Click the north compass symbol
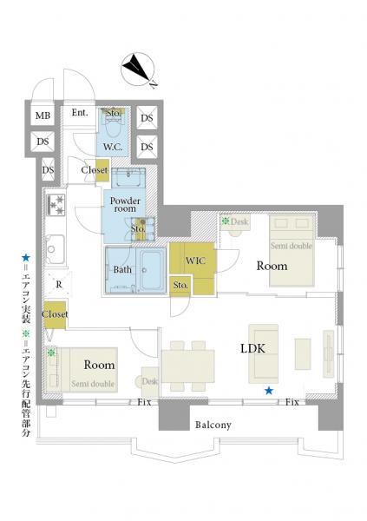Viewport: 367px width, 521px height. [138, 69]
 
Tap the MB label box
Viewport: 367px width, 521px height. [43, 115]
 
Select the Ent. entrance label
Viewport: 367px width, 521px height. [80, 113]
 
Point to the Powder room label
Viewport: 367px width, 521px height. [125, 205]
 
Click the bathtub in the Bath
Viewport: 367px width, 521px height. [152, 270]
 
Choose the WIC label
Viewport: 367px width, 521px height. [195, 260]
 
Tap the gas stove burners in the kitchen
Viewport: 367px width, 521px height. [56, 205]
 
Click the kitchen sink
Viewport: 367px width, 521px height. [55, 247]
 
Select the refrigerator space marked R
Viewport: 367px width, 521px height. [59, 285]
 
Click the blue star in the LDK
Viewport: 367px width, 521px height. [269, 391]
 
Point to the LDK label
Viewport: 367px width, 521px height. [252, 348]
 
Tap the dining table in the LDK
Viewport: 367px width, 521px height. [187, 366]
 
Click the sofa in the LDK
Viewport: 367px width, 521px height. [264, 354]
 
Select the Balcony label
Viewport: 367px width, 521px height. [213, 425]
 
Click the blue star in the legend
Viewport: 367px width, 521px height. [26, 258]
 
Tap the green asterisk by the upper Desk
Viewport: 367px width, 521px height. [226, 221]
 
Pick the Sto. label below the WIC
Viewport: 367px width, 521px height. [180, 285]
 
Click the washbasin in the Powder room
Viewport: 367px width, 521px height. [128, 178]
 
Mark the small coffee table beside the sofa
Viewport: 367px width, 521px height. [303, 354]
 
